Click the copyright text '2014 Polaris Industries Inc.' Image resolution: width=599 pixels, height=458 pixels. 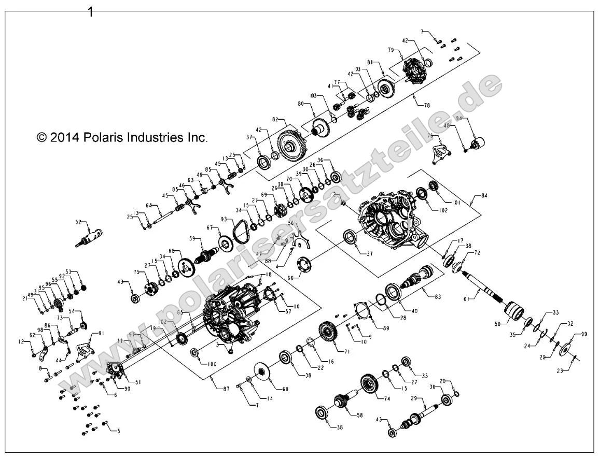pyautogui.click(x=122, y=137)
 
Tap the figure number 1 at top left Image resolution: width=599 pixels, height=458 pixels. pyautogui.click(x=90, y=12)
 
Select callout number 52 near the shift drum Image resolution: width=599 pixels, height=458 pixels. pyautogui.click(x=79, y=222)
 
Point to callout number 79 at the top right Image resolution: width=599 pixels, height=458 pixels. pyautogui.click(x=391, y=50)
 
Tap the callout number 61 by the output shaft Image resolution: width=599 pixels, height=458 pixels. pyautogui.click(x=466, y=298)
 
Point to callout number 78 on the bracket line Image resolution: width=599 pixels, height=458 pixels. pyautogui.click(x=426, y=105)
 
